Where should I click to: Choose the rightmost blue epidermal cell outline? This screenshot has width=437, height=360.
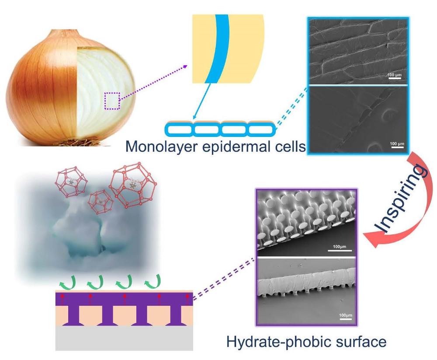[x=261, y=129]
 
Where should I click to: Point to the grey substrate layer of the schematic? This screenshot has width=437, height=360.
[x=125, y=338]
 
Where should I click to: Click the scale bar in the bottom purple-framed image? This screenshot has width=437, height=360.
[x=345, y=320]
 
